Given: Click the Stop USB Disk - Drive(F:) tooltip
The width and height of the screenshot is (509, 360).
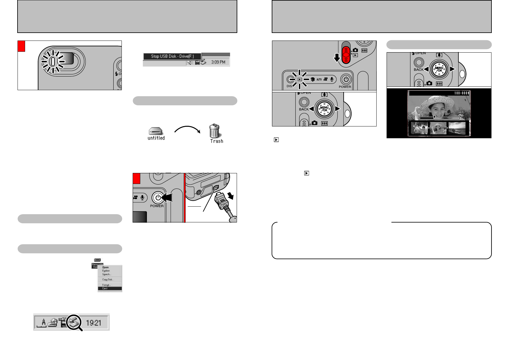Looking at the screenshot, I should (x=172, y=56).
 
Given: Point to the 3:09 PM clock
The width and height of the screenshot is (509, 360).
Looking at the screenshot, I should (x=218, y=62).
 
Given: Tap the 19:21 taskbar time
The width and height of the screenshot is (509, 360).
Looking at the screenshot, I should (x=93, y=323).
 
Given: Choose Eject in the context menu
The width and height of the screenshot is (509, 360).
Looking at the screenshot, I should (x=105, y=289).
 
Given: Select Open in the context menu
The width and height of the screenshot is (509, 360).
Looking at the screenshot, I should (x=105, y=267).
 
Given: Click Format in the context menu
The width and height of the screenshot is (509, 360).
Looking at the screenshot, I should (x=106, y=285).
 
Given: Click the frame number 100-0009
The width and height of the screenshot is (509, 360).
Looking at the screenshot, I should (x=462, y=93).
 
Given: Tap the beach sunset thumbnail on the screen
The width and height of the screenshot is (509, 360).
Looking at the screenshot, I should (x=457, y=128).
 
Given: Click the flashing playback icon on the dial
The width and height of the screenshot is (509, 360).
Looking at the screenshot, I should (x=300, y=80).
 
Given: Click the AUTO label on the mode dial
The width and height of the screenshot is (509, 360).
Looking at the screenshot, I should (x=319, y=80).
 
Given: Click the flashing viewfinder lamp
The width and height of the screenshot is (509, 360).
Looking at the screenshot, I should (x=53, y=62).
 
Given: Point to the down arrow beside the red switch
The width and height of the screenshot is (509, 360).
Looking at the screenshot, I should (x=337, y=57).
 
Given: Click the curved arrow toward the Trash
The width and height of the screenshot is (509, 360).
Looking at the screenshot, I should (x=187, y=129).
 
